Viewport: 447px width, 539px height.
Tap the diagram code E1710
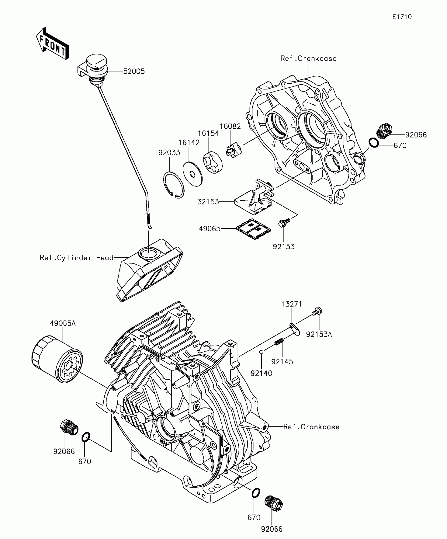pyautogui.click(x=402, y=17)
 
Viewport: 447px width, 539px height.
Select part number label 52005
pyautogui.click(x=134, y=72)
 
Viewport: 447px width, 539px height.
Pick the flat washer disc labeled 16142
pyautogui.click(x=193, y=174)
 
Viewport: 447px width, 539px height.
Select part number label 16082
pyautogui.click(x=230, y=126)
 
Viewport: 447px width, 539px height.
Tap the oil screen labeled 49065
pyautogui.click(x=253, y=229)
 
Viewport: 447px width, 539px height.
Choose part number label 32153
pyautogui.click(x=208, y=202)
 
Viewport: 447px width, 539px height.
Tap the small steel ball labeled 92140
pyautogui.click(x=261, y=352)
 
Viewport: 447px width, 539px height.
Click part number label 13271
pyautogui.click(x=292, y=304)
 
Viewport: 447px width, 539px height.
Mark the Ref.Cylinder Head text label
pyautogui.click(x=77, y=258)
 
